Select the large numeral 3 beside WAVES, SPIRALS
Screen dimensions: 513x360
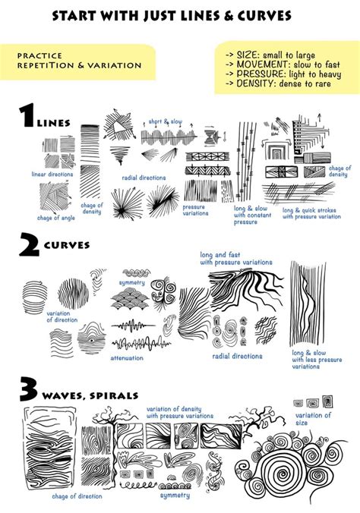(x=29, y=392)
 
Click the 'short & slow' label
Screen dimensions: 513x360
(x=165, y=121)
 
